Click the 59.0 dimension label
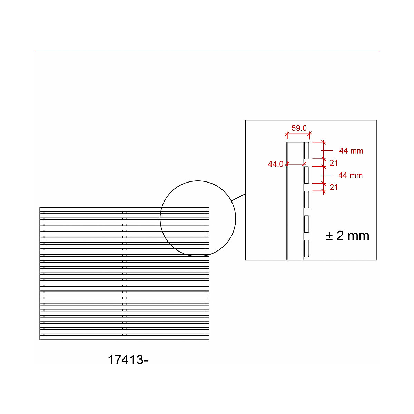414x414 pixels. pos(299,128)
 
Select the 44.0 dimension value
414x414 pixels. pos(275,164)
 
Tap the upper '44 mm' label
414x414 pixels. pos(351,151)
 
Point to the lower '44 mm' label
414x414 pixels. pos(350,175)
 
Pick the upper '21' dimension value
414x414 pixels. pos(334,163)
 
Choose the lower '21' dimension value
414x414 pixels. pos(334,187)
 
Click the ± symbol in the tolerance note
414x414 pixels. pos(329,236)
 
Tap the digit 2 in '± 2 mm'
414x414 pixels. pos(340,236)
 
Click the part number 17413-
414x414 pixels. pos(128,360)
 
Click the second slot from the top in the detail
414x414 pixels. pos(306,175)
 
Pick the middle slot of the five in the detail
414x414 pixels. pos(306,199)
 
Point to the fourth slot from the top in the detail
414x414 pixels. pos(306,224)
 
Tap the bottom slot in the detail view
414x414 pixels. pos(306,248)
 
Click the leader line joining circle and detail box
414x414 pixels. pos(238,197)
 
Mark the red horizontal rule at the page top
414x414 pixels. pos(207,50)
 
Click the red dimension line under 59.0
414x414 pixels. pos(299,134)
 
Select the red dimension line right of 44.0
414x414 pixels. pos(296,164)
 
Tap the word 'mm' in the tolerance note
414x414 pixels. pos(359,236)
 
